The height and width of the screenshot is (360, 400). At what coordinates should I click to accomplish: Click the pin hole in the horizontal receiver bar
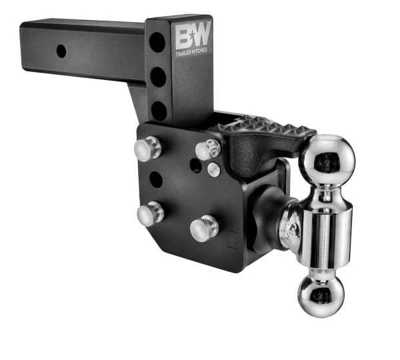tap(61, 51)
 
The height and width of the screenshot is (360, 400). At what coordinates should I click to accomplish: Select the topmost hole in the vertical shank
tap(158, 43)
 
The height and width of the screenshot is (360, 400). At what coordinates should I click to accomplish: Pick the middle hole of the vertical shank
tap(158, 77)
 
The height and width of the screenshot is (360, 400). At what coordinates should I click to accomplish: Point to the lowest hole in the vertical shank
tap(159, 110)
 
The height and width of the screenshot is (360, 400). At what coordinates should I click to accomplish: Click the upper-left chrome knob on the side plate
tap(147, 148)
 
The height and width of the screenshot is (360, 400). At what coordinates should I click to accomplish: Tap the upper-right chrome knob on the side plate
tap(207, 149)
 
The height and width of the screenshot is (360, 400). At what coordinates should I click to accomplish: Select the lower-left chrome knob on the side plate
tap(149, 213)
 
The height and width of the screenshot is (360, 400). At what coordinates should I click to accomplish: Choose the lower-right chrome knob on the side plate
tap(203, 229)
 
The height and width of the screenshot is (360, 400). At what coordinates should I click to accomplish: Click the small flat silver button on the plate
tap(214, 169)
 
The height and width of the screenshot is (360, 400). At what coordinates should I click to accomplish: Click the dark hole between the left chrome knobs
tap(155, 179)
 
